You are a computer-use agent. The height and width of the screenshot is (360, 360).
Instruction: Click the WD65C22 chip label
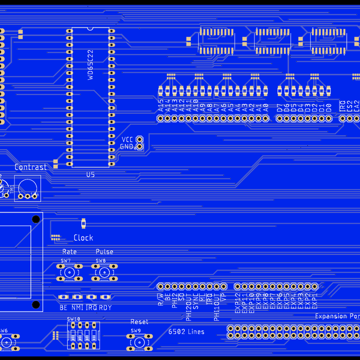(x=91, y=65)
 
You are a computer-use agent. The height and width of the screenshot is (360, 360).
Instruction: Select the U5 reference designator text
(x=91, y=175)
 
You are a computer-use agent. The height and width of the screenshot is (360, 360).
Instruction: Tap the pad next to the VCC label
(x=139, y=139)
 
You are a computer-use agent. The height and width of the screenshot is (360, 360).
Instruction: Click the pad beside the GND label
(x=139, y=146)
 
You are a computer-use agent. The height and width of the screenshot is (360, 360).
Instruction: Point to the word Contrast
(x=30, y=167)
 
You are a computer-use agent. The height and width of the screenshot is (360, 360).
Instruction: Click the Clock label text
(x=83, y=238)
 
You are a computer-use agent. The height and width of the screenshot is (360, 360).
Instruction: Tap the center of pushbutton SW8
(x=104, y=274)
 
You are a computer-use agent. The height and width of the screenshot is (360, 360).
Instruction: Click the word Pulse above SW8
(x=104, y=252)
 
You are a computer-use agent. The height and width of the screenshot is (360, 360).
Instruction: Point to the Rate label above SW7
(x=70, y=252)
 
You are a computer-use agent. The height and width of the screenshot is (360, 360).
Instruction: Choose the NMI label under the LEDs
(x=77, y=307)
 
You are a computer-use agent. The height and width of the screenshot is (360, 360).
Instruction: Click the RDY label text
(x=105, y=307)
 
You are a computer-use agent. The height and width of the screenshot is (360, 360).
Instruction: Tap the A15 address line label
(x=161, y=106)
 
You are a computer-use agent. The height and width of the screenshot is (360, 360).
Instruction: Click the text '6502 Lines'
(x=186, y=332)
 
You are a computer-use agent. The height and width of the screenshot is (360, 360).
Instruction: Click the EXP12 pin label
(x=238, y=303)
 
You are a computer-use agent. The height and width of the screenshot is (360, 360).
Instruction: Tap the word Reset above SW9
(x=139, y=322)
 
